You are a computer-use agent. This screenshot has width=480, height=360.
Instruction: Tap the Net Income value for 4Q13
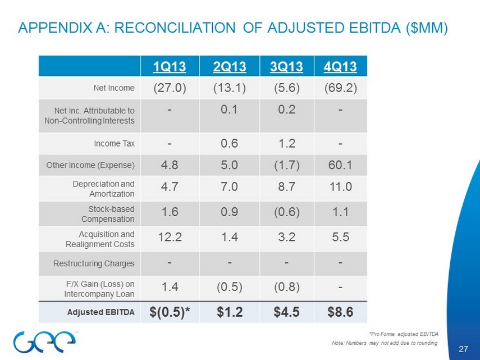[341, 88]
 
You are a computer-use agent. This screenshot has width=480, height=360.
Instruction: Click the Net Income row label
[114, 88]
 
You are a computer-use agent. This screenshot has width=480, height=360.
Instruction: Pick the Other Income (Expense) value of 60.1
[341, 165]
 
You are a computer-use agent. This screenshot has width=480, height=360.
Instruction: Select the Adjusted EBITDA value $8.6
[341, 312]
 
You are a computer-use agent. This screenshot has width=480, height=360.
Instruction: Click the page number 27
[463, 350]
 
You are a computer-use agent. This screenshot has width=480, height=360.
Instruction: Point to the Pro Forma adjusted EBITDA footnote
[404, 334]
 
